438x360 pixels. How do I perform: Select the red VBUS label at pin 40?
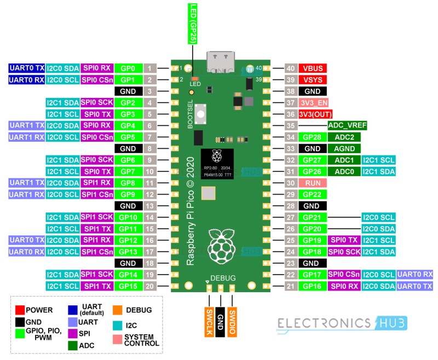[x=313, y=68]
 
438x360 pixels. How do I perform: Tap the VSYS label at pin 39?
[x=313, y=80]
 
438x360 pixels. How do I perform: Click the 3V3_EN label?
[x=313, y=103]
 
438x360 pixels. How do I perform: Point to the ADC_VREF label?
[x=347, y=125]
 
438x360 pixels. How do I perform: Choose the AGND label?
[x=342, y=148]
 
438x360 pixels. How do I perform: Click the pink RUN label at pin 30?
[x=313, y=183]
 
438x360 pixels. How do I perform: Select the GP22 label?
[x=313, y=194]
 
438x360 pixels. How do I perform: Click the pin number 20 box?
[x=151, y=286]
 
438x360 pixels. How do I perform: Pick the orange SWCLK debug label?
[x=209, y=317]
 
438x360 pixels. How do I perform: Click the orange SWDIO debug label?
[x=232, y=317]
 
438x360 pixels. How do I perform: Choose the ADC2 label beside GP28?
[x=342, y=137]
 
